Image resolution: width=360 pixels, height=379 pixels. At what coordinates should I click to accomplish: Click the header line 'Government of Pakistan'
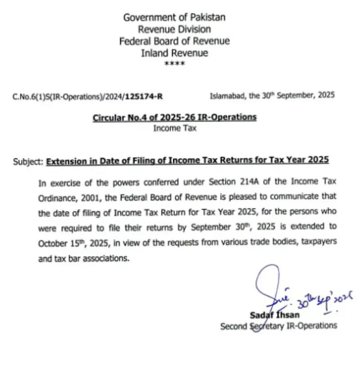click(175, 18)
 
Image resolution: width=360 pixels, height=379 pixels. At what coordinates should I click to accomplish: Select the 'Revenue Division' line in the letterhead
click(175, 29)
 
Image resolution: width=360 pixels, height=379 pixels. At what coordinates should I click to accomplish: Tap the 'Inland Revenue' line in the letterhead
click(175, 53)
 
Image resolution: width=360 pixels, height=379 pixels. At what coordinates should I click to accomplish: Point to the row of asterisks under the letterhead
click(175, 64)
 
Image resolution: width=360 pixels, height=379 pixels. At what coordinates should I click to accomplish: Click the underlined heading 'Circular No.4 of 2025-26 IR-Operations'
click(175, 117)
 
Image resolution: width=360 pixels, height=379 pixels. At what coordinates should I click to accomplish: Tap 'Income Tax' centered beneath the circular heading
click(175, 128)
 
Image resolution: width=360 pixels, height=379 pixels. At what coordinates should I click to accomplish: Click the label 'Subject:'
click(29, 160)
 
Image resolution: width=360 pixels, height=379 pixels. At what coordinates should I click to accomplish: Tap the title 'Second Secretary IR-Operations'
click(278, 326)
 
